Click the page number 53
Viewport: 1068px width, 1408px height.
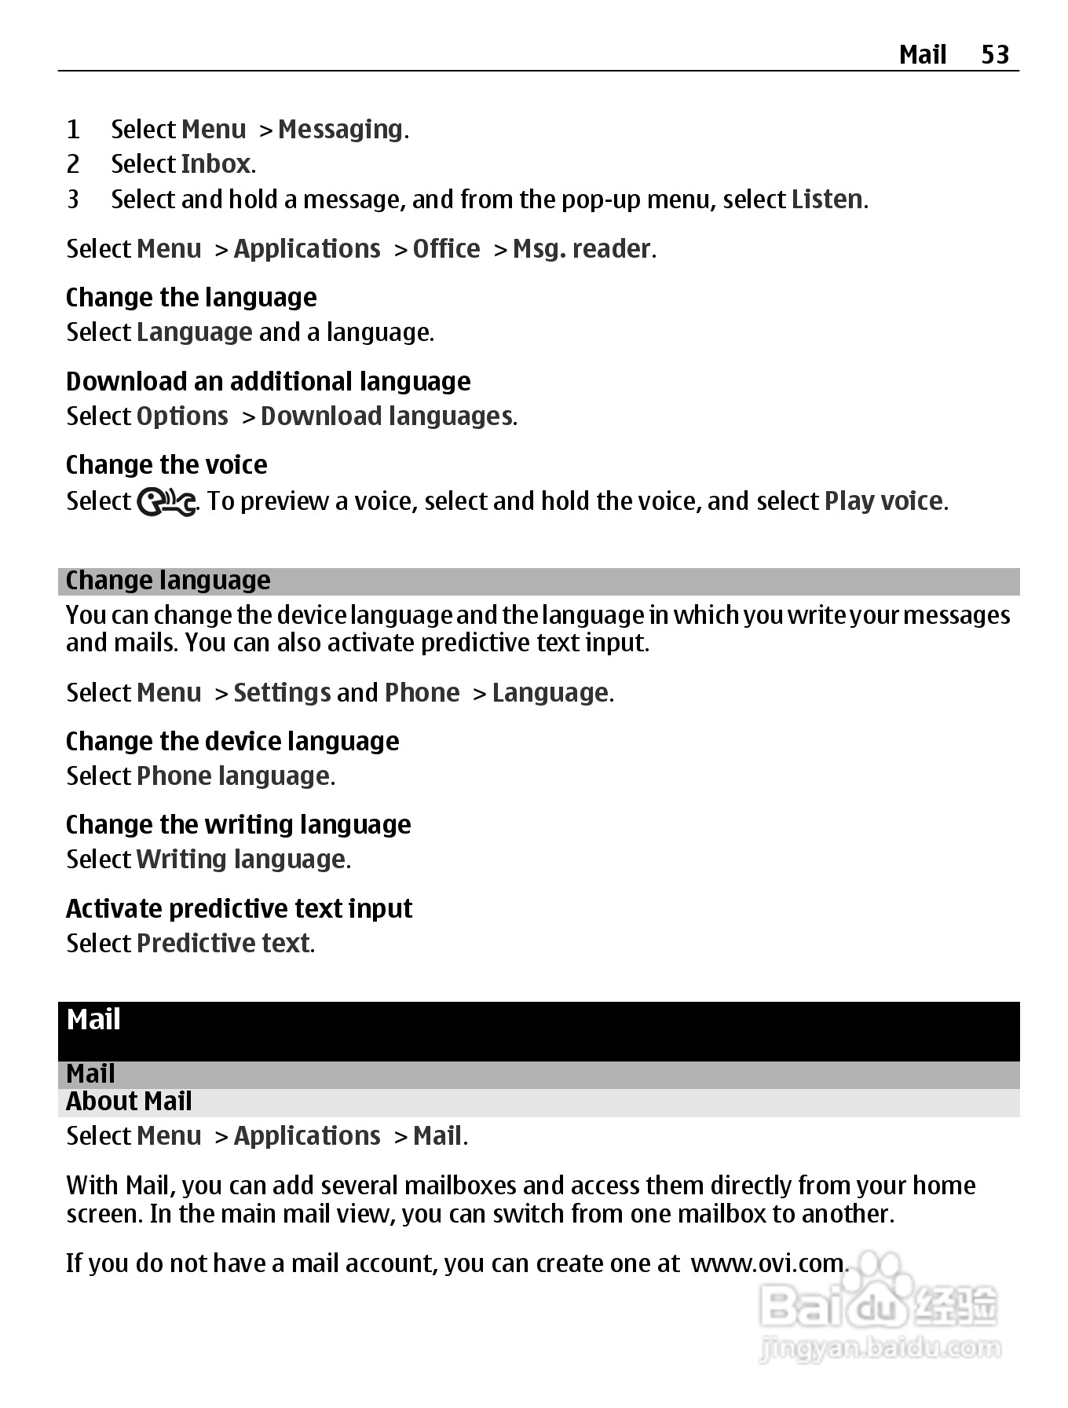(995, 54)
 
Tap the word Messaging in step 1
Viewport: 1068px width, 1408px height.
(340, 129)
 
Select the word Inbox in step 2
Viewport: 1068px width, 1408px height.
(216, 164)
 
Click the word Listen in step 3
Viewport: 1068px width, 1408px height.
(827, 200)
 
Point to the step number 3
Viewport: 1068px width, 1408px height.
(73, 200)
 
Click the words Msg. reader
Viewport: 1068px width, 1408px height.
(582, 249)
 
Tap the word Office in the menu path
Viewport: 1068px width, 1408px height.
(446, 249)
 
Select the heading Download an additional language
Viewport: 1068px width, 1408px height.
(269, 382)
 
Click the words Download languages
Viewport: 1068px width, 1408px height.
(387, 416)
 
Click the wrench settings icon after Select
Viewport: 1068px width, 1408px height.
(166, 503)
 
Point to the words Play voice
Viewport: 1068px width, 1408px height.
(883, 501)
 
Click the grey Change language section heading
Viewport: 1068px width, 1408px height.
(168, 581)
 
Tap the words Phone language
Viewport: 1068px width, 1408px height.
(233, 776)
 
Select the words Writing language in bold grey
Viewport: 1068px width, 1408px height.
(241, 860)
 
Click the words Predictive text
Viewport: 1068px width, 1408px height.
(224, 943)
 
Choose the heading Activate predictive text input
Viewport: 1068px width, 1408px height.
(239, 909)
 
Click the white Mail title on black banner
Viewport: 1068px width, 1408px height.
(93, 1020)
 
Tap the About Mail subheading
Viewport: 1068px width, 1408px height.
(129, 1102)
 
